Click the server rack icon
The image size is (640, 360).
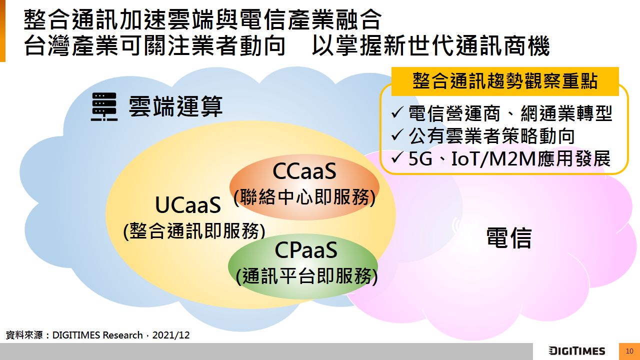104,106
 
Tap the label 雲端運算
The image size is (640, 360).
175,106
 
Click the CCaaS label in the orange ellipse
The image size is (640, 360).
304,171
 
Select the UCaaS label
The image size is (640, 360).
188,205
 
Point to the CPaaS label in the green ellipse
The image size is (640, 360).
305,250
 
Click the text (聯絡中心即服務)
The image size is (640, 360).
304,197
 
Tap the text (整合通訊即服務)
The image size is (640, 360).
194,231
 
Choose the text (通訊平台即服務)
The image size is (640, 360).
307,276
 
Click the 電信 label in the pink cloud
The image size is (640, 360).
509,237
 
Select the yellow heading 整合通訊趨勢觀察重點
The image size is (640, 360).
505,81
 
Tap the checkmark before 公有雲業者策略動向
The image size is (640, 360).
397,135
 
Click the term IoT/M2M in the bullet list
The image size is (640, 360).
493,159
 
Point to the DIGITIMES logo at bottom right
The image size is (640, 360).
577,351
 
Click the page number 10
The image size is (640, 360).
629,351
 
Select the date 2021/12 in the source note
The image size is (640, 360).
171,335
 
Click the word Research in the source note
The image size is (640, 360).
122,335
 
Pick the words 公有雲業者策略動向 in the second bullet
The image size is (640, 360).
491,136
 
